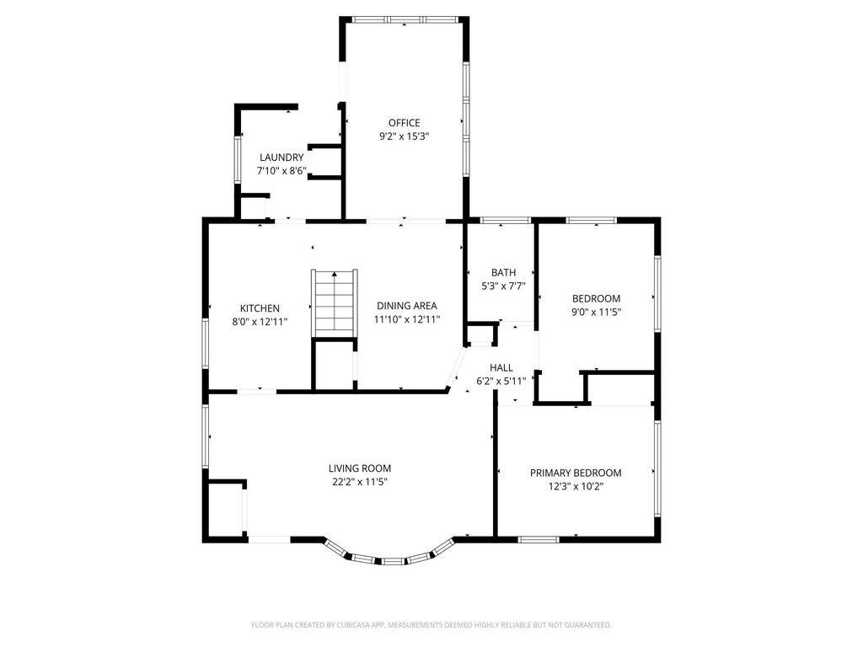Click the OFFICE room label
(x=404, y=123)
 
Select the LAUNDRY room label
(x=281, y=158)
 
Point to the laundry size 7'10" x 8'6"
(x=281, y=170)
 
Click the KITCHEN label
(x=260, y=308)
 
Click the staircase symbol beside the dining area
(x=335, y=302)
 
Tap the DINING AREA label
(x=407, y=306)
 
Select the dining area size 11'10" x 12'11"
(x=407, y=318)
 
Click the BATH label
(x=503, y=272)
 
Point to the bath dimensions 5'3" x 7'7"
(x=503, y=285)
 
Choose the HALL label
(x=501, y=368)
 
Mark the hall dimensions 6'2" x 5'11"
(x=501, y=381)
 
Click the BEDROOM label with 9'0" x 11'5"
(x=596, y=298)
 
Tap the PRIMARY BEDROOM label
(x=576, y=473)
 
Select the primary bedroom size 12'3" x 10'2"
(x=576, y=485)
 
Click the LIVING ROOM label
(x=360, y=468)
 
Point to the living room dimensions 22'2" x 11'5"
(x=360, y=481)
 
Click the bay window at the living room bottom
(x=390, y=557)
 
